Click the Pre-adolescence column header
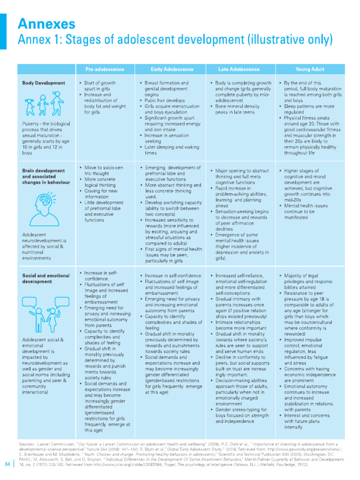click(x=105, y=69)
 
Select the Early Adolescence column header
click(x=170, y=69)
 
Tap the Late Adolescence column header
click(x=239, y=69)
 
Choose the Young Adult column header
click(x=309, y=69)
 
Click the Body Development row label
click(x=44, y=83)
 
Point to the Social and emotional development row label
click(x=45, y=278)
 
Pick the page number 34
click(x=7, y=464)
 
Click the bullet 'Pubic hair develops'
click(x=165, y=100)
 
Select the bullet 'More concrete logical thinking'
click(x=100, y=182)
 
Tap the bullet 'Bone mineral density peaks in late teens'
click(x=238, y=109)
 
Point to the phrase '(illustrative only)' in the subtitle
click(x=291, y=41)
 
